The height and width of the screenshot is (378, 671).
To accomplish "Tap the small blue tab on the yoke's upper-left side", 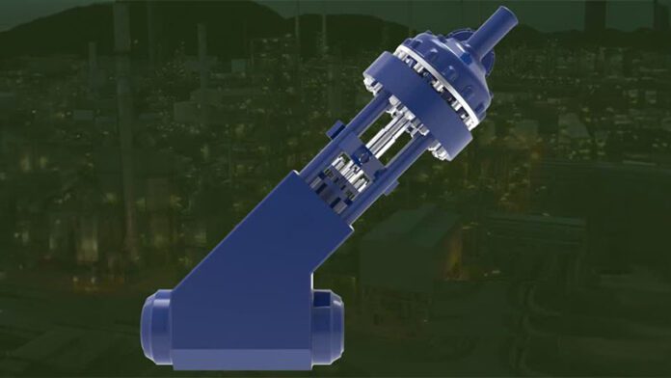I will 333,129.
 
